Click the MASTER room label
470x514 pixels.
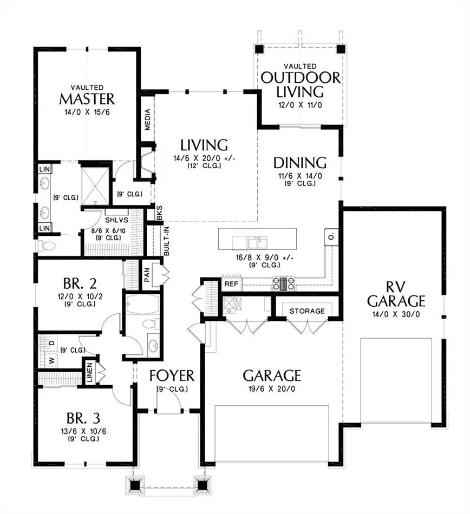click(x=87, y=98)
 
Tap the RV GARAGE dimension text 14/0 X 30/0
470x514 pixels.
click(x=396, y=314)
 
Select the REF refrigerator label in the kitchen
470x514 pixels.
click(x=231, y=284)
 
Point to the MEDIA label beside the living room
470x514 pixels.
click(x=148, y=120)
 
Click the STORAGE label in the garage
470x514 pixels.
click(x=307, y=311)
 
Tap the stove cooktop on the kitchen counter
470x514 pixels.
click(x=284, y=284)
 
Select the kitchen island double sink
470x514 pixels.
click(x=257, y=243)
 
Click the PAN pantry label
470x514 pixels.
click(x=147, y=275)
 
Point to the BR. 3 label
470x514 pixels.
click(x=83, y=418)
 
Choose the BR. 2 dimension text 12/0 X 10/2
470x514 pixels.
click(x=80, y=296)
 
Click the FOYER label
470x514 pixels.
click(x=172, y=375)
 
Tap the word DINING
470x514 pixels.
click(x=300, y=163)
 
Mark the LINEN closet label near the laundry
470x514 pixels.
click(x=89, y=373)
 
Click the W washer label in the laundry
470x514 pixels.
click(x=51, y=360)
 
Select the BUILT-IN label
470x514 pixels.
click(x=167, y=241)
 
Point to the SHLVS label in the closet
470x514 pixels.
click(x=116, y=220)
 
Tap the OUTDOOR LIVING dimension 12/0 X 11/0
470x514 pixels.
click(x=300, y=105)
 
